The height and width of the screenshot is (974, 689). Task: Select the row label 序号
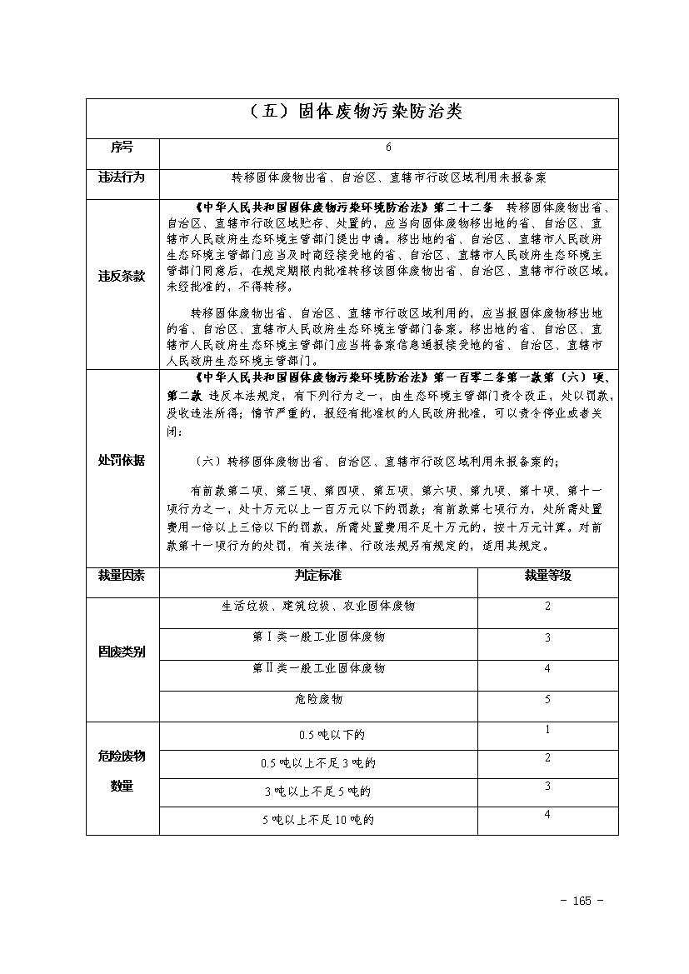pyautogui.click(x=122, y=147)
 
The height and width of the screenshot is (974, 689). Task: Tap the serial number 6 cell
pyautogui.click(x=388, y=147)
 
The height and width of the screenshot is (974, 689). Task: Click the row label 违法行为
pyautogui.click(x=122, y=177)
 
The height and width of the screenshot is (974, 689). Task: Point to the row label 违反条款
pyautogui.click(x=122, y=276)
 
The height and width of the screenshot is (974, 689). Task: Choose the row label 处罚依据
pyautogui.click(x=122, y=460)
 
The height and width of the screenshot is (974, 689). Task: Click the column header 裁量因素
pyautogui.click(x=122, y=575)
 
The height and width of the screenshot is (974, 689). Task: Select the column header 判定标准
pyautogui.click(x=317, y=575)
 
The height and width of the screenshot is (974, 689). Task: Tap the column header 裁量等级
pyautogui.click(x=547, y=575)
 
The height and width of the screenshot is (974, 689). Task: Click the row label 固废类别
pyautogui.click(x=122, y=652)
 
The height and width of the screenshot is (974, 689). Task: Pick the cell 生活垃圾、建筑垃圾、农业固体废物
pyautogui.click(x=317, y=606)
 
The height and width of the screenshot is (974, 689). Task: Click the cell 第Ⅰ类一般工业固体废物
pyautogui.click(x=317, y=637)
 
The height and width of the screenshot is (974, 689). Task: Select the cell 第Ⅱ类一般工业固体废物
pyautogui.click(x=317, y=668)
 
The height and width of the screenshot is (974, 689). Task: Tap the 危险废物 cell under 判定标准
pyautogui.click(x=317, y=699)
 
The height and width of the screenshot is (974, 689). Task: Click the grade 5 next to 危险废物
pyautogui.click(x=547, y=699)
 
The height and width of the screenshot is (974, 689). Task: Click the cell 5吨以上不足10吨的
pyautogui.click(x=317, y=820)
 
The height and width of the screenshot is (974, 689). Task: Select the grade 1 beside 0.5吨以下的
pyautogui.click(x=547, y=730)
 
